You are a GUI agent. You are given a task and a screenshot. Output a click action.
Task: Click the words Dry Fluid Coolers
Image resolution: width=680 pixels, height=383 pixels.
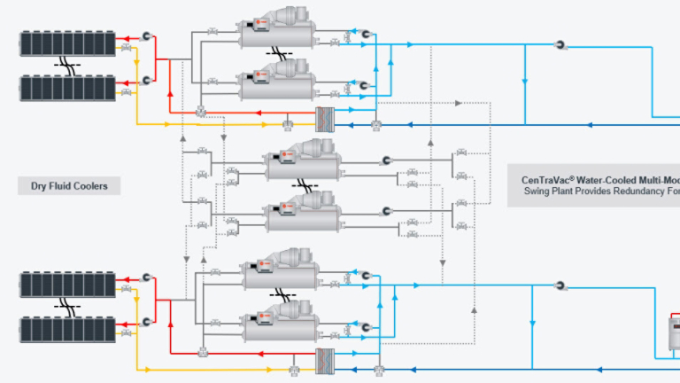pos(69,186)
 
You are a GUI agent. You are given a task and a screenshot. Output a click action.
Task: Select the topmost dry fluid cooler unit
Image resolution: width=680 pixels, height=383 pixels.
pos(68,43)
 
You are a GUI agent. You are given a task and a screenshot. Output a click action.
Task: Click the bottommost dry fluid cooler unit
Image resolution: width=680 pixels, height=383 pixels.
pos(68,329)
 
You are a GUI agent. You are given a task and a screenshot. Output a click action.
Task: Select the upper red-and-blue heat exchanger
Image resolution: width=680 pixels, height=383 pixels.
pos(328,120)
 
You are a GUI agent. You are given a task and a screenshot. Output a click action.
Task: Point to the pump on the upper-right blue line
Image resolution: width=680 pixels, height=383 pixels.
pos(560,44)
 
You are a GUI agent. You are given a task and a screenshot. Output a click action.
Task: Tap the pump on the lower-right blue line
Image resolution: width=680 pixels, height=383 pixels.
pos(560,285)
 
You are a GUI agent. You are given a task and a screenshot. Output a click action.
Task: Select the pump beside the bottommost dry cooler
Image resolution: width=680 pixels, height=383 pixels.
pos(146,322)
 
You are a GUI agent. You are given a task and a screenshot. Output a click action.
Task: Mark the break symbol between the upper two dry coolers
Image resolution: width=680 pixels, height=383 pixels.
pos(67,65)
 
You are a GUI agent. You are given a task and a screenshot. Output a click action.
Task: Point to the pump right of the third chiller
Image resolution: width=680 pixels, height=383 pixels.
pos(386,160)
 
